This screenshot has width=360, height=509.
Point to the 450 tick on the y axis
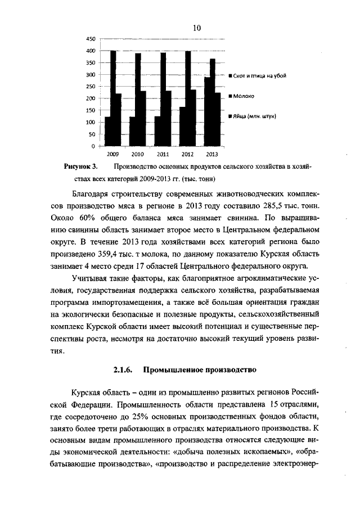click(x=90, y=39)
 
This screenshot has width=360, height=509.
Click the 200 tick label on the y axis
click(x=90, y=98)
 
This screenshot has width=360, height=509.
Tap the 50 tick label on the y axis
click(x=92, y=134)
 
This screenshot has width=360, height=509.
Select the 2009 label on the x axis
click(x=113, y=154)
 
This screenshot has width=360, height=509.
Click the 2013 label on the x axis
click(x=212, y=154)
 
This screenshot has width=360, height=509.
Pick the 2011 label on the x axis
click(x=163, y=154)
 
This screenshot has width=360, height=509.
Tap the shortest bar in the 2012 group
click(x=182, y=127)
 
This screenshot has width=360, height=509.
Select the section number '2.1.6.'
click(x=123, y=370)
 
